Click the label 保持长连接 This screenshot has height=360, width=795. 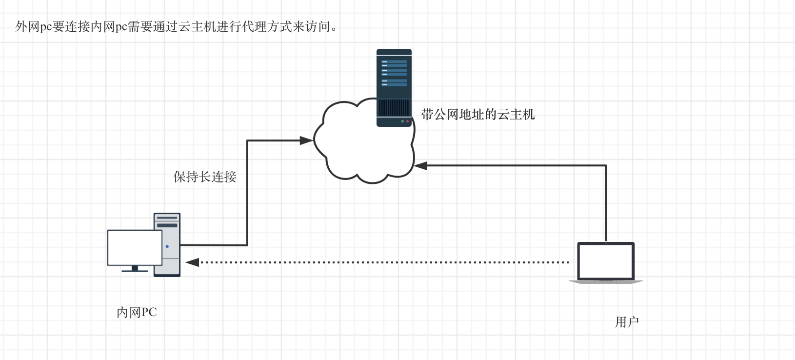(x=205, y=177)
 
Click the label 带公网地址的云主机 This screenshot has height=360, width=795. (x=477, y=115)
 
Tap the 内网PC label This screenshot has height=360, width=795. (x=137, y=312)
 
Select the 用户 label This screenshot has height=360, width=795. (x=627, y=322)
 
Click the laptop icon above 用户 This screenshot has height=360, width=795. (x=606, y=262)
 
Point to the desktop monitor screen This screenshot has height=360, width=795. (x=135, y=248)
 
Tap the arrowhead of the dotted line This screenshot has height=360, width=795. (x=192, y=262)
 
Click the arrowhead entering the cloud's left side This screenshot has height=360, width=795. (x=306, y=140)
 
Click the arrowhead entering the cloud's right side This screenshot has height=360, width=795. (x=421, y=166)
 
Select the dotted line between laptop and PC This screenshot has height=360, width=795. (x=380, y=262)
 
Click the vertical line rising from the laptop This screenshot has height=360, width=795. (x=606, y=205)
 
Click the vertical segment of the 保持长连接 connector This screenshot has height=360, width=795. (x=247, y=195)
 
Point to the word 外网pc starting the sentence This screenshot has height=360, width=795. (x=33, y=26)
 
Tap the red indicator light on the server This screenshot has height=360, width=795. (x=407, y=121)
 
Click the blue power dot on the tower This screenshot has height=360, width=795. (x=167, y=246)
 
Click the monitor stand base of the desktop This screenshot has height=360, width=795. (x=135, y=270)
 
